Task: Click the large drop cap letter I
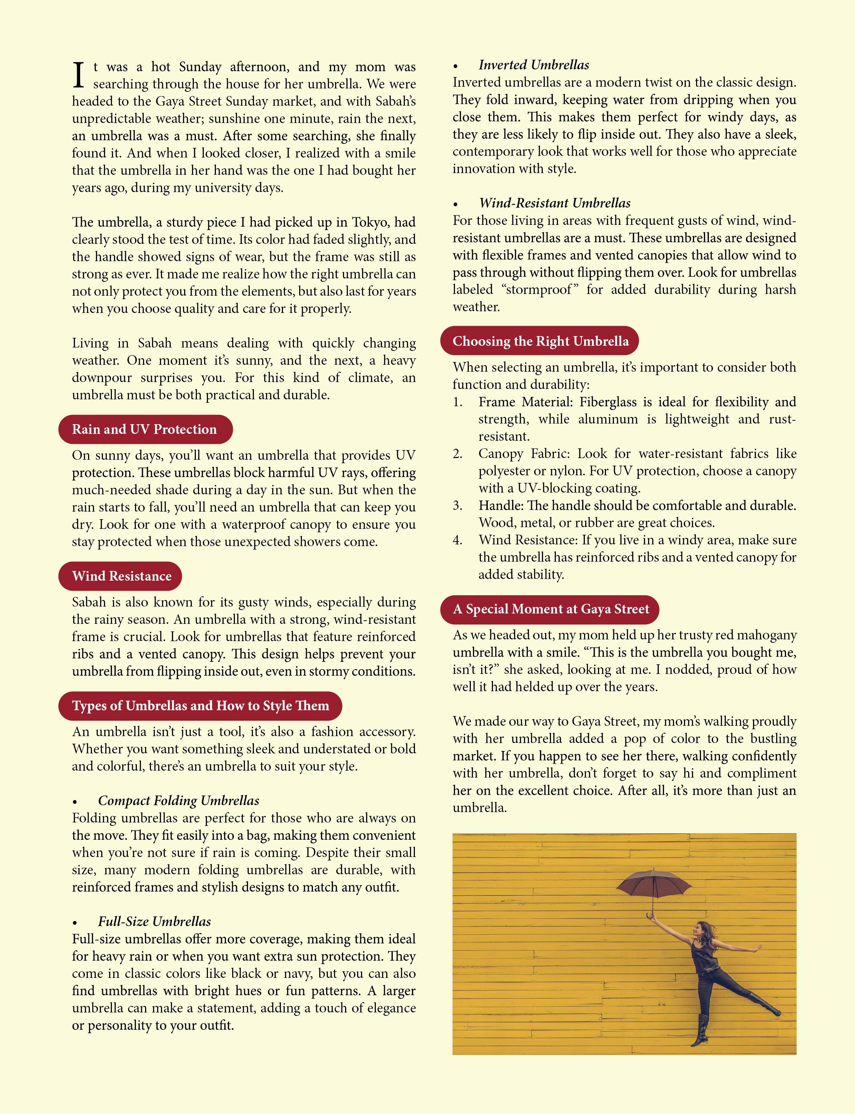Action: tap(78, 75)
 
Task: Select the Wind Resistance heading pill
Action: tap(121, 576)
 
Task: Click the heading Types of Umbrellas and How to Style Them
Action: tap(200, 706)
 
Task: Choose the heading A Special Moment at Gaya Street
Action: tap(550, 609)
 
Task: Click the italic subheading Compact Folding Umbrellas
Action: tap(178, 800)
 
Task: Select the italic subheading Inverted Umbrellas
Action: tap(533, 65)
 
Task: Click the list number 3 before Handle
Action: tap(457, 506)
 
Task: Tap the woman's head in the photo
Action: tap(703, 929)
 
